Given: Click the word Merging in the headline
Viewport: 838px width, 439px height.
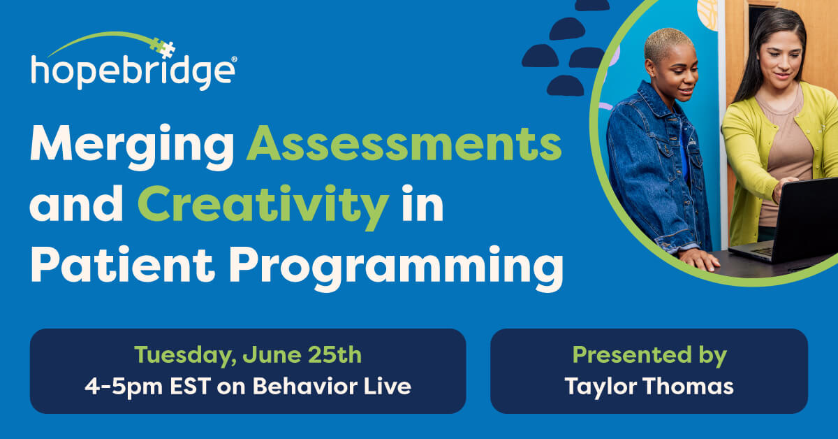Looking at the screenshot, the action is (x=132, y=147).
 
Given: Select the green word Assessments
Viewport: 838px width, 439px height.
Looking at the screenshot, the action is (x=404, y=143).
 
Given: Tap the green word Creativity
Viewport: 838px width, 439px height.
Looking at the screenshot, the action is (x=263, y=206).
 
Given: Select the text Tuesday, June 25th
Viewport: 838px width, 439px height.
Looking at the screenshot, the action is (x=248, y=354).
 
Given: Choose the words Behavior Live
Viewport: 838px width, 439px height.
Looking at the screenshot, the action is (x=332, y=386).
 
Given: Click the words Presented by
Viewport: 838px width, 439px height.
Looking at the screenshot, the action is (x=649, y=355).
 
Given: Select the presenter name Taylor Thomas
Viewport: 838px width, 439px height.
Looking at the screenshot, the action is (x=649, y=387).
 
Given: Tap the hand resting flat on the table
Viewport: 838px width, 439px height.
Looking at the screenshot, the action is (x=699, y=259).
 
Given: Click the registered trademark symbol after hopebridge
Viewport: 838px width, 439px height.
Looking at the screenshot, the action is (x=234, y=59).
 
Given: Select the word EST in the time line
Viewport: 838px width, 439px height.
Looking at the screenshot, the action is (x=190, y=386).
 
